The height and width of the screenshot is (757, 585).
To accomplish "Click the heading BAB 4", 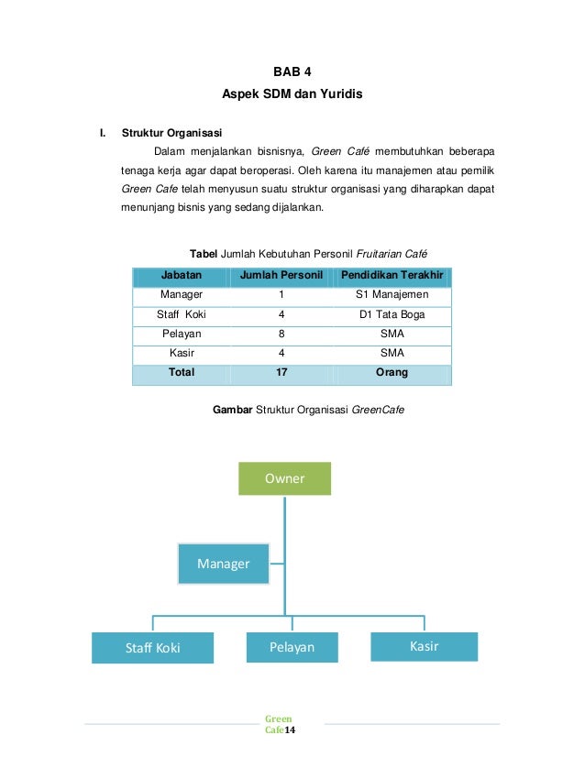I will pos(292,71).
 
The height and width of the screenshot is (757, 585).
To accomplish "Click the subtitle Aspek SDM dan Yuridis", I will pos(292,94).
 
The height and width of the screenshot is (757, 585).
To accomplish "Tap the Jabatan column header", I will pos(182,276).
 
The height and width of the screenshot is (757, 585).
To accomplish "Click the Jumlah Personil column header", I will pos(281,276).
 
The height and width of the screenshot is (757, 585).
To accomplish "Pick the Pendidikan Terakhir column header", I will pos(392,276).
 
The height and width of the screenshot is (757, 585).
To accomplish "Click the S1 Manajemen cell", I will pos(392,295).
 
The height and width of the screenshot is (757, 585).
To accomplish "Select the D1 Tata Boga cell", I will pos(392,314).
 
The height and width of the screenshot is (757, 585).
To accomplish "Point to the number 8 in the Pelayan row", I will pos(281,334).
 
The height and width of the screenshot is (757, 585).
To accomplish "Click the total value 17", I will pos(281,373).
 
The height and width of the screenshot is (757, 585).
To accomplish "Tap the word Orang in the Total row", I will pos(392,373).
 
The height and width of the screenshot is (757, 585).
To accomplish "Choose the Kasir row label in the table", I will pos(182,353).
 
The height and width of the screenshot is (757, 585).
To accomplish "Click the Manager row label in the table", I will pos(182,295).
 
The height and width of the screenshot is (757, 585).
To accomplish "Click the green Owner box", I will pos(284,478).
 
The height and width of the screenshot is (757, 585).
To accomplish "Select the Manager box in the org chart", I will pos(223,564).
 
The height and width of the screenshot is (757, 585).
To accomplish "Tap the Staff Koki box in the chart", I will pos(152,648).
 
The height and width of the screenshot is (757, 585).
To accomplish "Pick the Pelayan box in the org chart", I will pos(292,647).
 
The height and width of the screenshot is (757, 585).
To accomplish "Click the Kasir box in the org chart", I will pos(425,646).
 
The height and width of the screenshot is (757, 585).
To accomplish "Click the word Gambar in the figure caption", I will pos(233,411).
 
